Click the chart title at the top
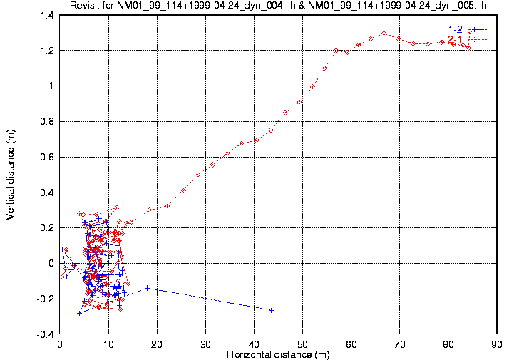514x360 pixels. click(x=277, y=6)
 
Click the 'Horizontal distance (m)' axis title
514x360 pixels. click(x=277, y=354)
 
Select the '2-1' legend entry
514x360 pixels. click(x=455, y=39)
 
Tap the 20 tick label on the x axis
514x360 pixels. click(x=157, y=344)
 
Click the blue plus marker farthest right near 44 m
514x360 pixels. click(x=272, y=310)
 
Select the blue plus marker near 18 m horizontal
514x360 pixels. click(x=147, y=288)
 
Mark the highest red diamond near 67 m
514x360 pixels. click(x=384, y=33)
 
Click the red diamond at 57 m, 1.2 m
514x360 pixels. click(x=336, y=50)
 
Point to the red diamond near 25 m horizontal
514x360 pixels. click(x=183, y=190)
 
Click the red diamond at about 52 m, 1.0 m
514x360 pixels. click(x=312, y=87)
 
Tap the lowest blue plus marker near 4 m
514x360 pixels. click(x=79, y=313)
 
